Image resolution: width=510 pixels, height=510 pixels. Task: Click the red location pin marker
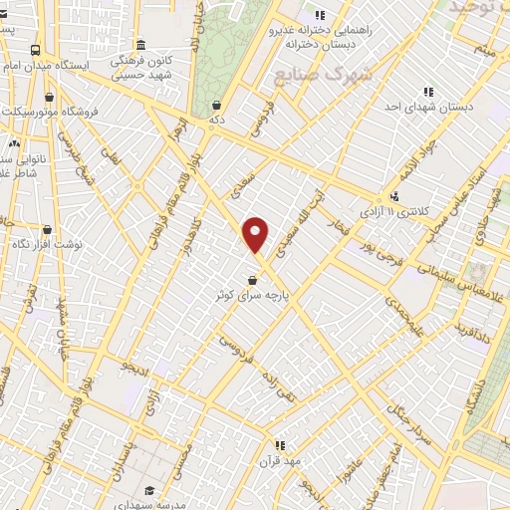click(256, 234)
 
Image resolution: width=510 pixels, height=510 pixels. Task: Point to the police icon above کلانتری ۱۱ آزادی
click(395, 195)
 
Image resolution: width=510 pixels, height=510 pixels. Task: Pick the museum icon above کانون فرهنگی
click(140, 45)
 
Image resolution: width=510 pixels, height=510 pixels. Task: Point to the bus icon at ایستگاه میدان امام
click(36, 49)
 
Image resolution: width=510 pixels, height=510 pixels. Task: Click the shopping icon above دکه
click(217, 104)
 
